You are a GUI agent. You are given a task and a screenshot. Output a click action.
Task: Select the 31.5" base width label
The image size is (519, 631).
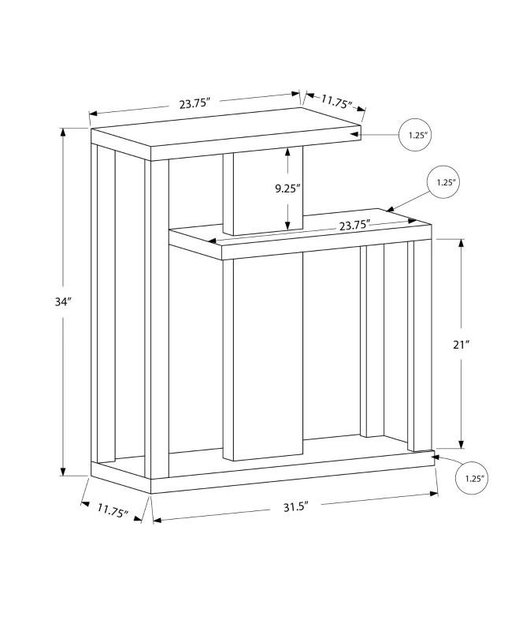(x=292, y=506)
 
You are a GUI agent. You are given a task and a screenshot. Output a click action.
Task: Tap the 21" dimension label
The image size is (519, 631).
(x=484, y=344)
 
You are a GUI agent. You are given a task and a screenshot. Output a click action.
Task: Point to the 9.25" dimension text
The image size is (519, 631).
(x=266, y=188)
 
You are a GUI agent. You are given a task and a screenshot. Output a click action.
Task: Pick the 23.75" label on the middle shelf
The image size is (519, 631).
(x=354, y=225)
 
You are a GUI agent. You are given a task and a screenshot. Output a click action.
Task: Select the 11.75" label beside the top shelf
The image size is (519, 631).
(x=336, y=101)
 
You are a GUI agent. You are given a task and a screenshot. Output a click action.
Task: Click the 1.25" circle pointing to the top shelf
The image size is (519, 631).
(x=417, y=135)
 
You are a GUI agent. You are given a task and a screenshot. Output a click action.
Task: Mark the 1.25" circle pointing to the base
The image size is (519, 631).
(x=473, y=478)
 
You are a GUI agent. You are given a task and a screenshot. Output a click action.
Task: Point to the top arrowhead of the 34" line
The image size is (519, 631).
(x=63, y=133)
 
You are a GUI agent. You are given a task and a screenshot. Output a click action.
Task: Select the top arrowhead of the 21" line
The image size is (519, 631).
(x=462, y=244)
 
